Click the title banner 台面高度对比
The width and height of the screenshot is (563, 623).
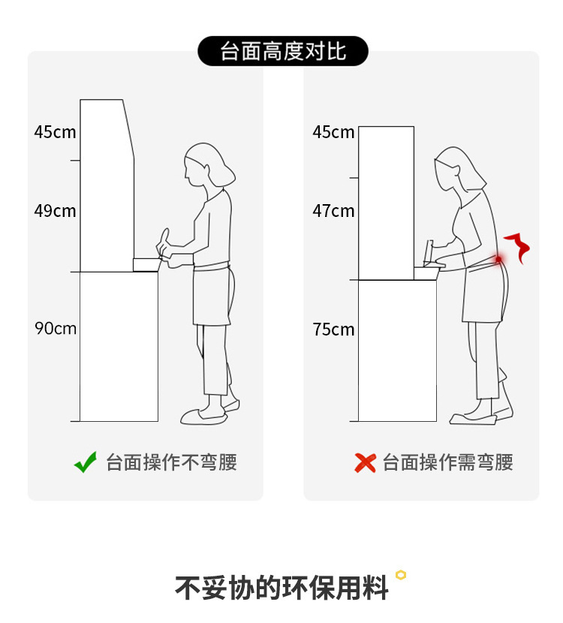(283, 51)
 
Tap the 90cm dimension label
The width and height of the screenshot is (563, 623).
(56, 329)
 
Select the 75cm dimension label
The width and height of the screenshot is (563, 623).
(333, 330)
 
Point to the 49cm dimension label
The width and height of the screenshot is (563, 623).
(55, 211)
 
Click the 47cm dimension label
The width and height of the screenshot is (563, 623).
(333, 211)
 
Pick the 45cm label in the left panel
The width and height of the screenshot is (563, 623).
(55, 132)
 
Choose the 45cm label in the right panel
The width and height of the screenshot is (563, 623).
(333, 132)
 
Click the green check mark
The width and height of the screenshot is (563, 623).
(86, 462)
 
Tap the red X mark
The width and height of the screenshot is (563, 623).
(365, 463)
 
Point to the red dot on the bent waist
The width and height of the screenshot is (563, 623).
(498, 259)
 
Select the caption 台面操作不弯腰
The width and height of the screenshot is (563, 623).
(171, 462)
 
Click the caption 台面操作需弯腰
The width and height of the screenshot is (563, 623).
(447, 462)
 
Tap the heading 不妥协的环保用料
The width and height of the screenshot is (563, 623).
(281, 587)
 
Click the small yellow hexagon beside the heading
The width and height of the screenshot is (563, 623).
(401, 575)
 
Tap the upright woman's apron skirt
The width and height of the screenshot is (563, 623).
(212, 294)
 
